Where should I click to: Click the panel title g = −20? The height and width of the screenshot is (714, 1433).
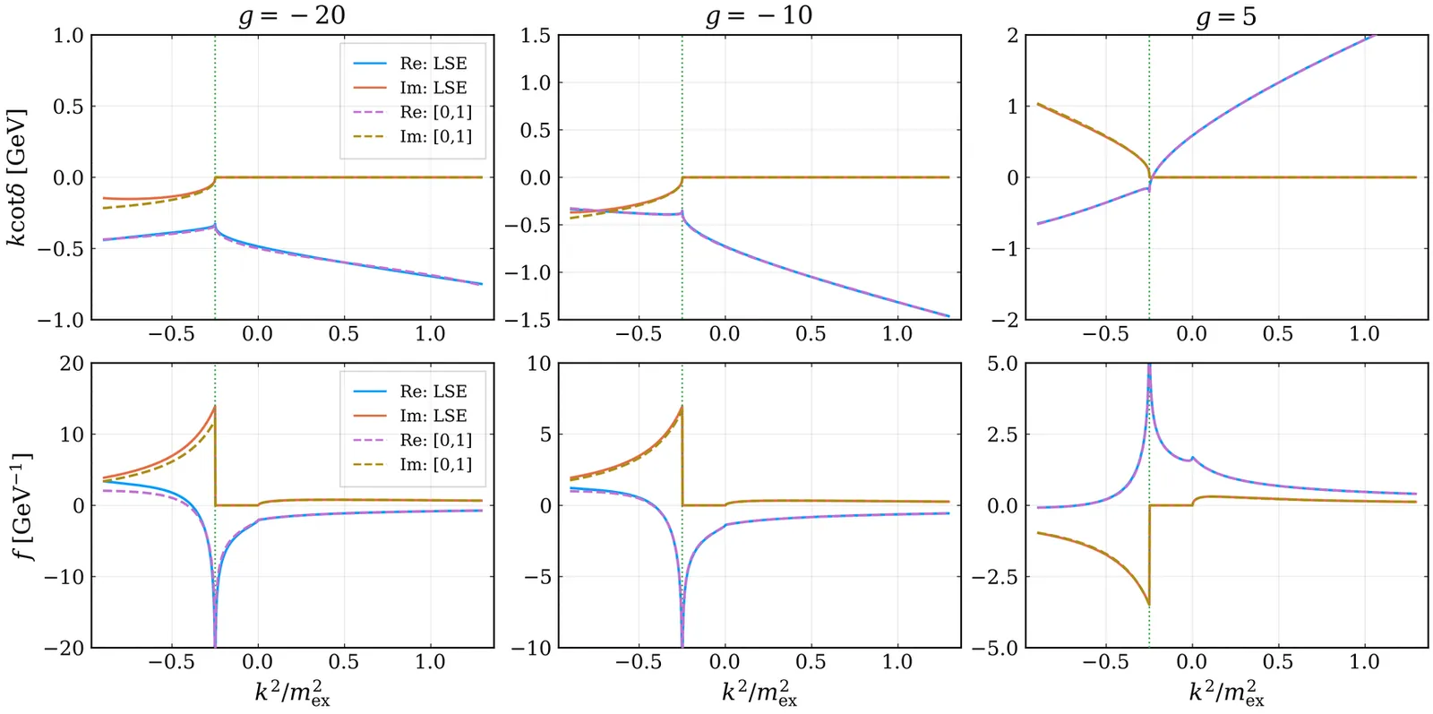[x=292, y=15]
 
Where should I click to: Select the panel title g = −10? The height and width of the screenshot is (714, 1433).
[x=759, y=15]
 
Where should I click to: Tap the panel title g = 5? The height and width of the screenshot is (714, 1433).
[x=1226, y=16]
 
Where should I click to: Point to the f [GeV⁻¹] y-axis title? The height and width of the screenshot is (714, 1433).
[x=21, y=505]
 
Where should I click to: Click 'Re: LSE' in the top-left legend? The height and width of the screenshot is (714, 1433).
[x=433, y=64]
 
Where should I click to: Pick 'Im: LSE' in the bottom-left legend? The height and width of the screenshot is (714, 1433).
[x=433, y=416]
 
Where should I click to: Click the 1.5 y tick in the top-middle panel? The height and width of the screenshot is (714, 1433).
[x=535, y=36]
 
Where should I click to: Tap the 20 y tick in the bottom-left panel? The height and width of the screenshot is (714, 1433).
[x=72, y=364]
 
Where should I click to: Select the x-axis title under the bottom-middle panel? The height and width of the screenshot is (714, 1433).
[x=759, y=692]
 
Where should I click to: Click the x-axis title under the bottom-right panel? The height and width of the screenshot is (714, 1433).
[x=1226, y=692]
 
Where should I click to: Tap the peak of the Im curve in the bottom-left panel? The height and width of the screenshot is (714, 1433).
[x=214, y=407]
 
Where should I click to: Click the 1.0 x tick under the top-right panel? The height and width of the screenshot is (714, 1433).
[x=1364, y=334]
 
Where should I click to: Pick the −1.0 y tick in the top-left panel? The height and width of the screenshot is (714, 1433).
[x=60, y=320]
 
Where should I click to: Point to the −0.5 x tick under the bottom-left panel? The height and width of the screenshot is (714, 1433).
[x=171, y=662]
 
